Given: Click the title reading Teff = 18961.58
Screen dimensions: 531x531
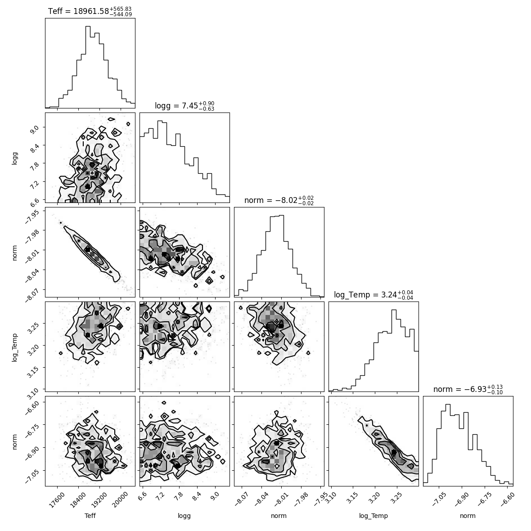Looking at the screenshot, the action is [x=90, y=11].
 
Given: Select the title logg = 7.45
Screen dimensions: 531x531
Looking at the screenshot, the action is [x=184, y=106].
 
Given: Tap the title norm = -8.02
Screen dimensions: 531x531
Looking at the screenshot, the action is [x=279, y=200].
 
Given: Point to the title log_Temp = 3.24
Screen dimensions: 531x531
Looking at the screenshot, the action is [x=373, y=295].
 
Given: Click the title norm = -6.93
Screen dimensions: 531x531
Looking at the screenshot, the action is [x=468, y=389].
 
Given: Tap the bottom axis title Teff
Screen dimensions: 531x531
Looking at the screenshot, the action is [x=90, y=516].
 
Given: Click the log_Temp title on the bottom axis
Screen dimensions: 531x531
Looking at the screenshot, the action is [x=373, y=516].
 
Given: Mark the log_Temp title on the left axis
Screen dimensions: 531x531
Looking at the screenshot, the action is [x=14, y=347].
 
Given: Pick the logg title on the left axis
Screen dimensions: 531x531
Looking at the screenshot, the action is [x=14, y=158].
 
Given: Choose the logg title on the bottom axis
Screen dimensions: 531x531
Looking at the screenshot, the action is [x=184, y=516].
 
